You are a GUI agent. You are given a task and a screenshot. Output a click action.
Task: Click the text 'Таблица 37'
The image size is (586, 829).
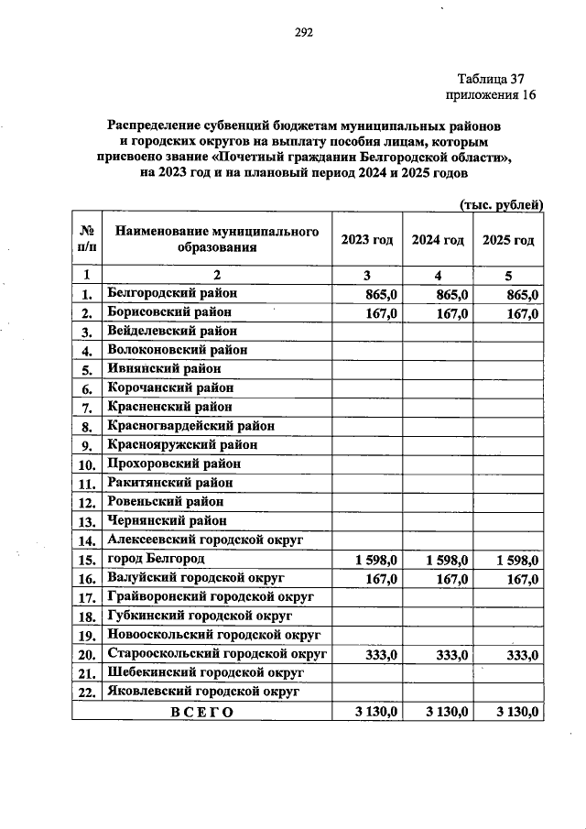coord(490,79)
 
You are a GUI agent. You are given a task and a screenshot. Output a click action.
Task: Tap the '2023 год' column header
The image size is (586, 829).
coord(366,240)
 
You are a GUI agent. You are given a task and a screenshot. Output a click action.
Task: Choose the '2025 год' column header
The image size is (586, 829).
coord(508,240)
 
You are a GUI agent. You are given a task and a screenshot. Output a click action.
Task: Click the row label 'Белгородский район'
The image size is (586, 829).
coord(171,293)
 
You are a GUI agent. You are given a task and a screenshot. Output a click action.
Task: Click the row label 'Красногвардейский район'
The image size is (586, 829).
coord(190,425)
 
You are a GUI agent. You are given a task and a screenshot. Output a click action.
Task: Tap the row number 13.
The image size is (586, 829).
coord(87,521)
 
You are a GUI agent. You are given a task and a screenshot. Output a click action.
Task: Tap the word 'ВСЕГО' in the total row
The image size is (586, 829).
coord(201,712)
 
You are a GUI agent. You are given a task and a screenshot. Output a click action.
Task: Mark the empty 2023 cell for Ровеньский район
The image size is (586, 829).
coord(366,502)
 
